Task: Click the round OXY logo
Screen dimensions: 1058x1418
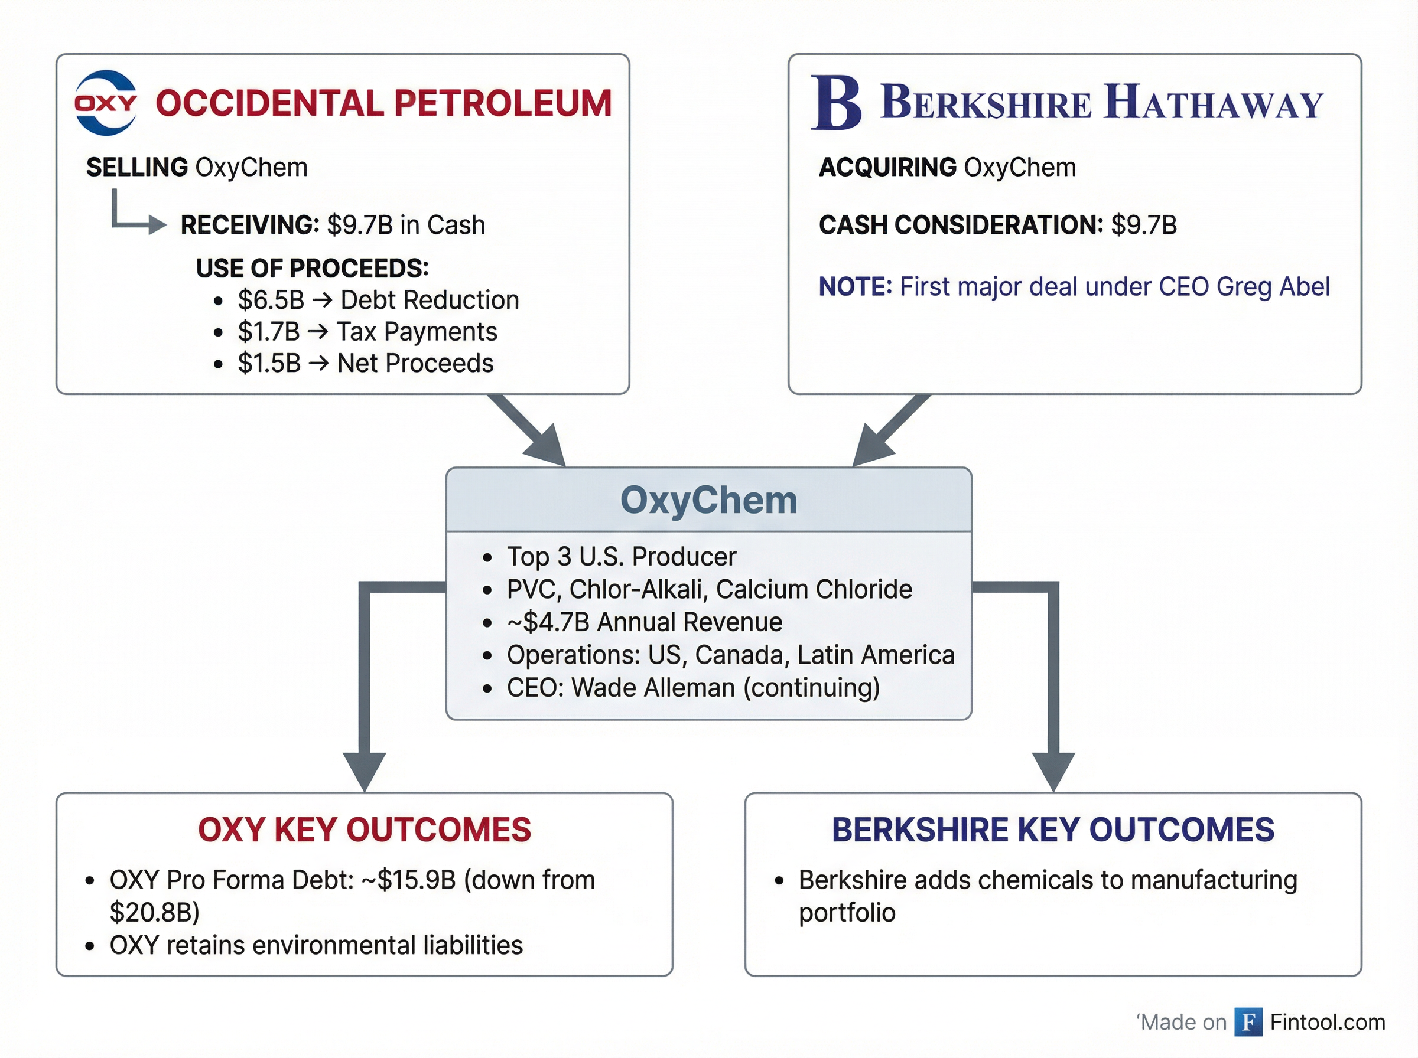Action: pyautogui.click(x=106, y=103)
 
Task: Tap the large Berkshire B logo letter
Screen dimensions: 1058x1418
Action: pyautogui.click(x=836, y=103)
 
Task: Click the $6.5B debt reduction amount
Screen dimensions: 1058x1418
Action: pyautogui.click(x=271, y=301)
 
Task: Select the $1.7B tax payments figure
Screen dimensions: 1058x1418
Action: pyautogui.click(x=268, y=332)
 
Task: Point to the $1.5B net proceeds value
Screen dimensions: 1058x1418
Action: pyautogui.click(x=269, y=363)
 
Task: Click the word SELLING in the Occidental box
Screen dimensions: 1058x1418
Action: pyautogui.click(x=136, y=168)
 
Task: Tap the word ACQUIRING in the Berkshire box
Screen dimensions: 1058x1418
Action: pyautogui.click(x=887, y=168)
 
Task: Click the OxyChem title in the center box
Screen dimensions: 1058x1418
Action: pyautogui.click(x=708, y=500)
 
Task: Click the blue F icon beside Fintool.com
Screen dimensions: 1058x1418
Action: pyautogui.click(x=1248, y=1022)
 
